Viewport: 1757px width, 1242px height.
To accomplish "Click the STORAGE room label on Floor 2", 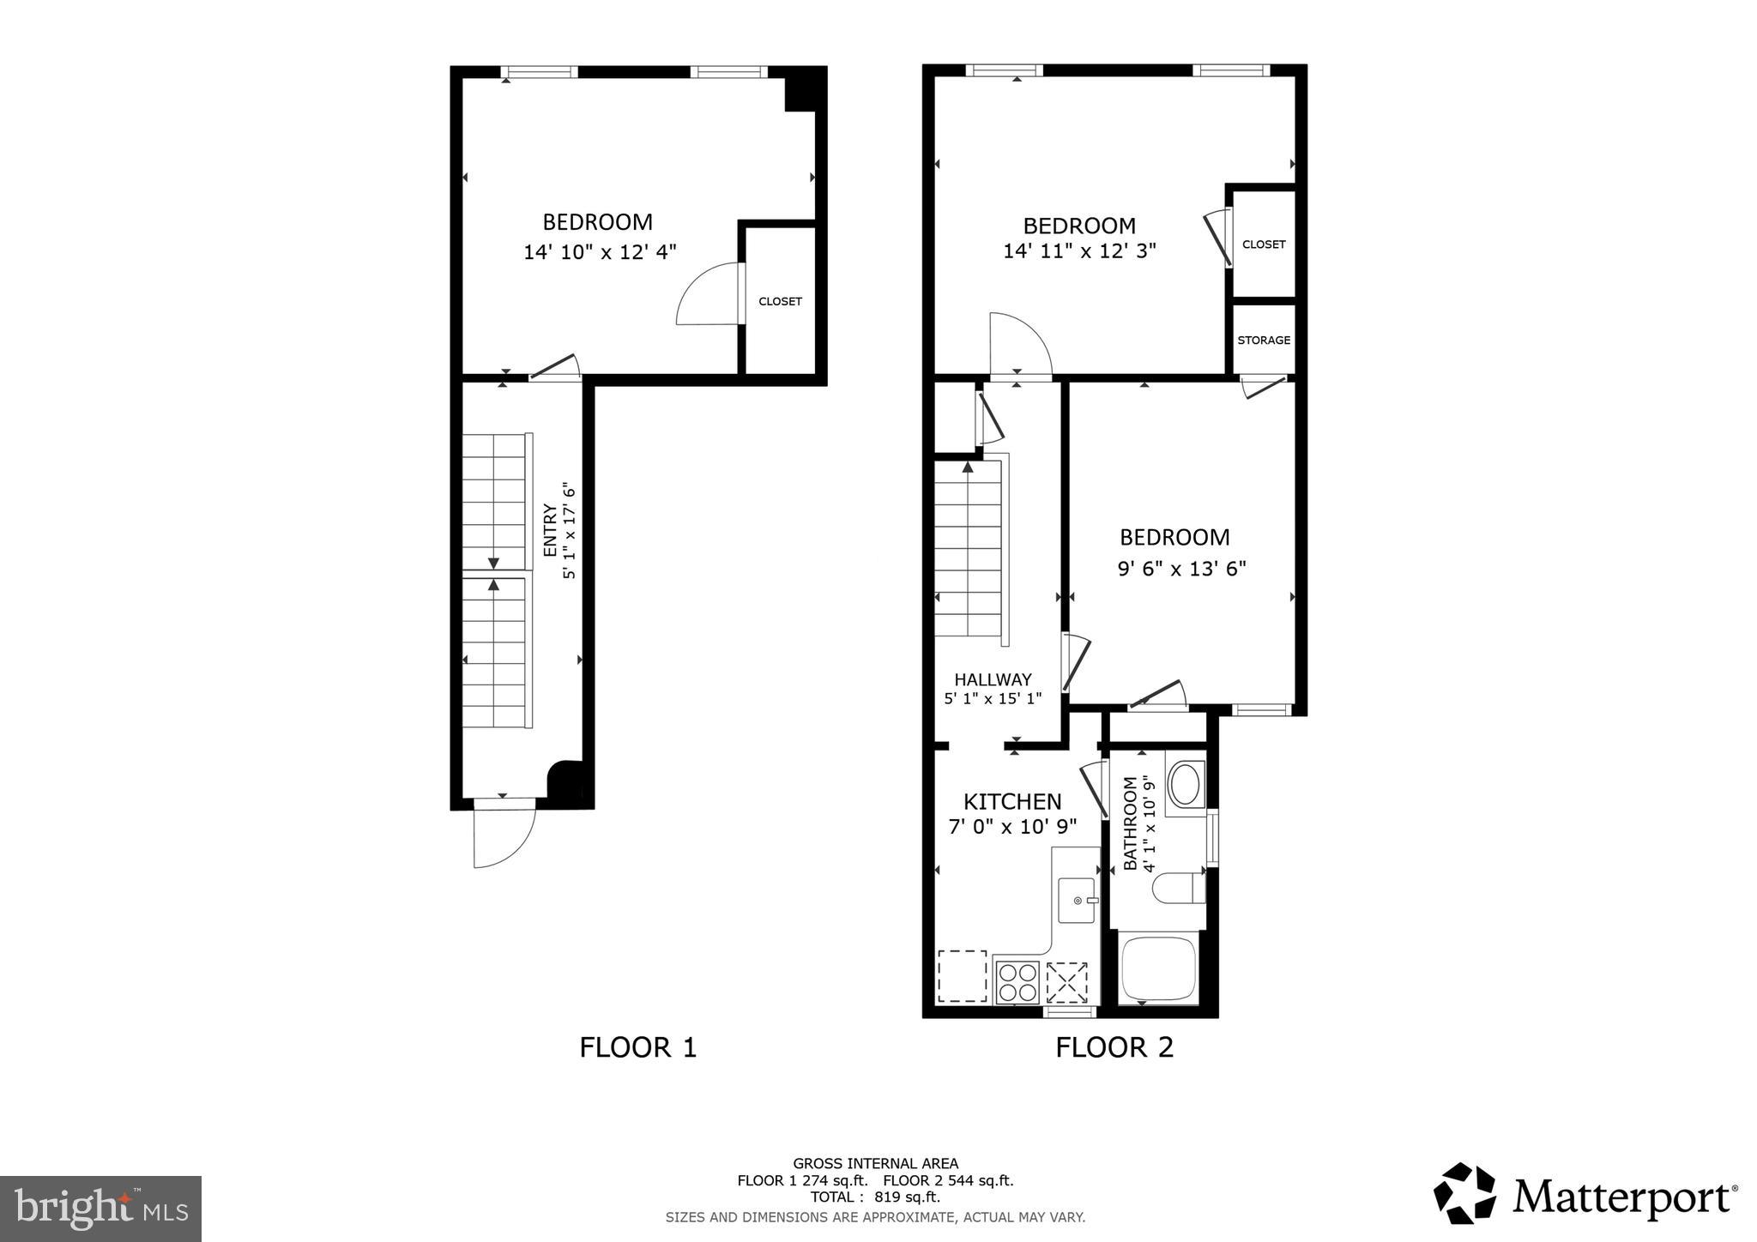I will pyautogui.click(x=1263, y=341).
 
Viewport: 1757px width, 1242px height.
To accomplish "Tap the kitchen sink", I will pyautogui.click(x=1076, y=900).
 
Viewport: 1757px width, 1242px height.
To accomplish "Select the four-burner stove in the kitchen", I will pyautogui.click(x=1017, y=982).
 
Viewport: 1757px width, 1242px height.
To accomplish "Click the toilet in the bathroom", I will pyautogui.click(x=1179, y=888).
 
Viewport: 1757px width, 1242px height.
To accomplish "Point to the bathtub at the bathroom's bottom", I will pyautogui.click(x=1158, y=970).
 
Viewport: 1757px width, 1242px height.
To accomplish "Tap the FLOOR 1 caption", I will pyautogui.click(x=637, y=1047).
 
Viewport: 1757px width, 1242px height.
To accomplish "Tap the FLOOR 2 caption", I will pyautogui.click(x=1114, y=1047).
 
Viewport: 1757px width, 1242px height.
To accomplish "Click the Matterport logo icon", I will pyautogui.click(x=1464, y=1193).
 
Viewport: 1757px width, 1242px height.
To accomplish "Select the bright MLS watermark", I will pyautogui.click(x=100, y=1209).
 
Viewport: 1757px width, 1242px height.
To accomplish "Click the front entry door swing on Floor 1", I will pyautogui.click(x=504, y=835).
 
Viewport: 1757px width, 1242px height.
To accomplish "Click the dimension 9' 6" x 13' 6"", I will pyautogui.click(x=1181, y=569).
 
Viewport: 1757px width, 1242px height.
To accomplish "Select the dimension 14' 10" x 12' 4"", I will pyautogui.click(x=600, y=252).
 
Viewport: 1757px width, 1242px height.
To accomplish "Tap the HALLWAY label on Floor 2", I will pyautogui.click(x=993, y=680).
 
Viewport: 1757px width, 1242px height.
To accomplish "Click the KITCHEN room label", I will pyautogui.click(x=1012, y=802).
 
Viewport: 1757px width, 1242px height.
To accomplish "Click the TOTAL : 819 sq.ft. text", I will pyautogui.click(x=875, y=1197).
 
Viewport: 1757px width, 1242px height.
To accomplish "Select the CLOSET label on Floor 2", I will pyautogui.click(x=1263, y=244).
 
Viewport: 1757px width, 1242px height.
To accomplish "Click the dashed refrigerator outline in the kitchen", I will pyautogui.click(x=962, y=975).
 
